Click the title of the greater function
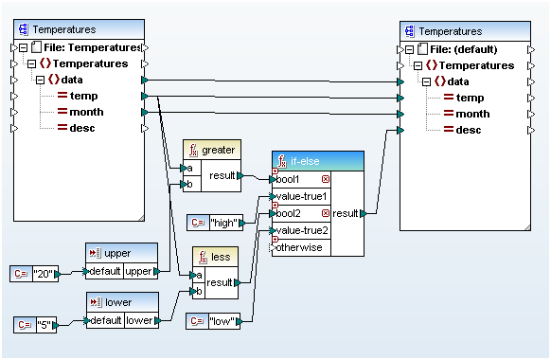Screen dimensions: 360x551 point(217,150)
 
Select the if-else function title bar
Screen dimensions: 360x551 point(316,161)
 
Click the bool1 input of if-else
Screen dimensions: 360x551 point(299,178)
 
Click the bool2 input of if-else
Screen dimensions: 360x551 point(299,214)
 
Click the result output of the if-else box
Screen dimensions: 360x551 point(346,214)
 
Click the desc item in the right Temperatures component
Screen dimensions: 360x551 point(469,130)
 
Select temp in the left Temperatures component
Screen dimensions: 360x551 point(83,96)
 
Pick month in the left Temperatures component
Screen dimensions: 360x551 point(88,112)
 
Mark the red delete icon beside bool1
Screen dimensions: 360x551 point(326,178)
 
